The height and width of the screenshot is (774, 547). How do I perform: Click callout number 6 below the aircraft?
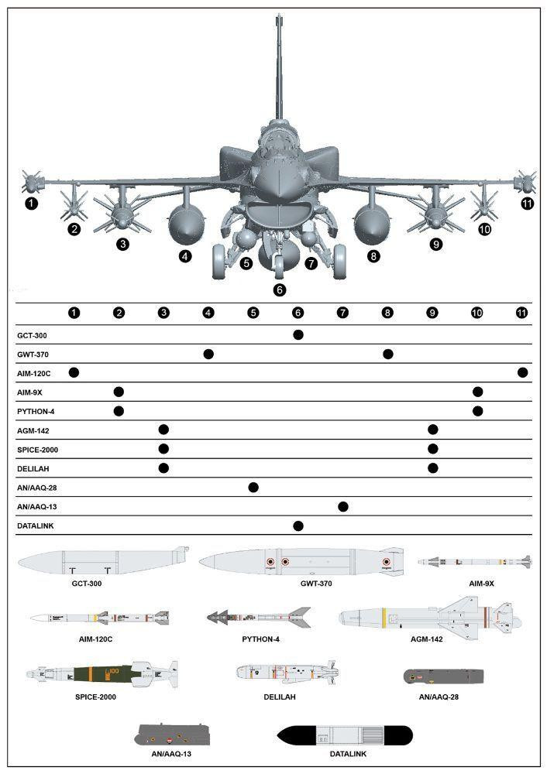click(x=280, y=290)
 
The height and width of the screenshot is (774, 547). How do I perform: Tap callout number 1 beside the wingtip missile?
click(x=31, y=204)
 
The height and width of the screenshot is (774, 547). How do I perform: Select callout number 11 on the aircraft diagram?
click(x=528, y=204)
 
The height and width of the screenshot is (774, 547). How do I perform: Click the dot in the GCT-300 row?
click(x=298, y=334)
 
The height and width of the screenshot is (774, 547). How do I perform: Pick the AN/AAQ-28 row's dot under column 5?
click(x=253, y=487)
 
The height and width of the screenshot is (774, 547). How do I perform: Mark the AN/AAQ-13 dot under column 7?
click(x=343, y=506)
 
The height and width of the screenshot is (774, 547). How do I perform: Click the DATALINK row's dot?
click(x=298, y=526)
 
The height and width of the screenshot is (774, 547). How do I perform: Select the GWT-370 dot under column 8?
click(x=388, y=354)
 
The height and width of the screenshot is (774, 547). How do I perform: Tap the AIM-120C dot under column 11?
click(x=523, y=372)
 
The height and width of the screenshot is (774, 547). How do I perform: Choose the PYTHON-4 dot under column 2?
click(x=119, y=410)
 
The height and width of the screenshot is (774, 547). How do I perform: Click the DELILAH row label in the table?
click(x=33, y=468)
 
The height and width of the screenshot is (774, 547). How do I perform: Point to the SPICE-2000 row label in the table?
click(x=38, y=449)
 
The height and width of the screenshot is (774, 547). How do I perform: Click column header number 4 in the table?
click(x=208, y=313)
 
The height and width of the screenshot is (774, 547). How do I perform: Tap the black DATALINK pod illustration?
click(x=344, y=735)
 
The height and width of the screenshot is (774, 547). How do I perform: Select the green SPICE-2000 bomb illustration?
click(x=101, y=672)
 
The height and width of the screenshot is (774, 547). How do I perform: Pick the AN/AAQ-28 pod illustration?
click(x=444, y=676)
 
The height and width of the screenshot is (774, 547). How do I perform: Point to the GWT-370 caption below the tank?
click(x=315, y=583)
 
